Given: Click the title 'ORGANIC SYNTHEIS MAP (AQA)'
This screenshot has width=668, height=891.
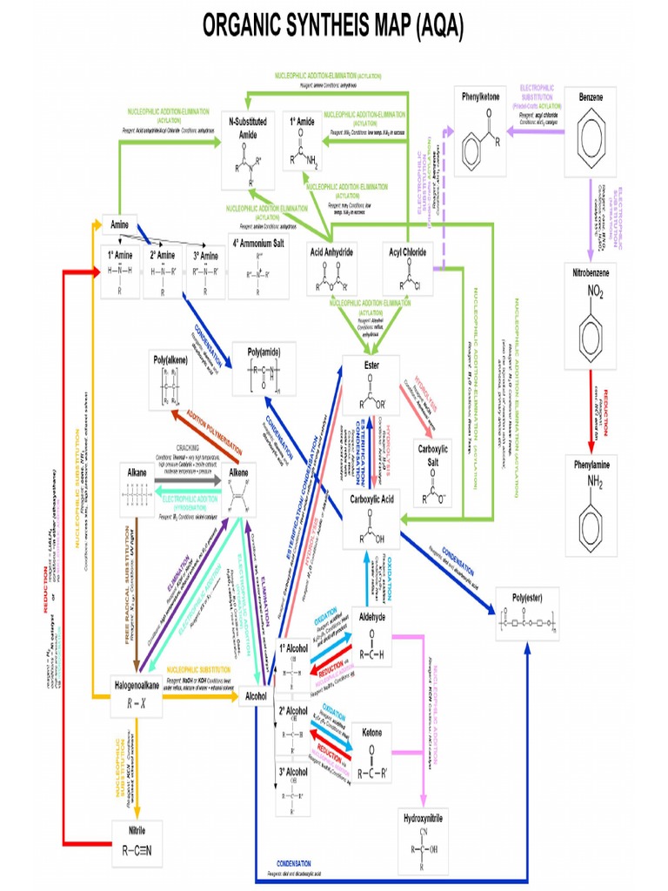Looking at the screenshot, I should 333,27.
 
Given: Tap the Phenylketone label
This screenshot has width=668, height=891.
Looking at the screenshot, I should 480,97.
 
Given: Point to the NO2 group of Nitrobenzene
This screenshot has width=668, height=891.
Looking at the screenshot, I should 596,290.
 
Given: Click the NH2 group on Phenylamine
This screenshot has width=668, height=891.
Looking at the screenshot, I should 594,481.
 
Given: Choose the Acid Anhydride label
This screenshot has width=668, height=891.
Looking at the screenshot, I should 331,251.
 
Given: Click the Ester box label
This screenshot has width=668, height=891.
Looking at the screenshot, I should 371,365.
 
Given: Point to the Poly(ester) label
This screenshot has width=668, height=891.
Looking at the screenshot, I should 527,599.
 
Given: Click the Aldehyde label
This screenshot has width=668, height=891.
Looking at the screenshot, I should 371,614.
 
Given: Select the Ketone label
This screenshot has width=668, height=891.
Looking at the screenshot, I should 371,733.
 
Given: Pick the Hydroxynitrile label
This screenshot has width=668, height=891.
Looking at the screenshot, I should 424,819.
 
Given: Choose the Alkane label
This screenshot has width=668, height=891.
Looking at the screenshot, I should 137,472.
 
